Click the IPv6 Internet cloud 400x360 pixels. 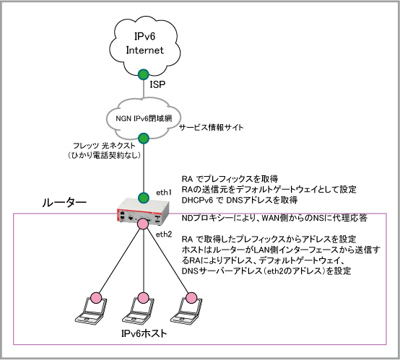pyautogui.click(x=144, y=46)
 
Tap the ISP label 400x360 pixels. pyautogui.click(x=157, y=84)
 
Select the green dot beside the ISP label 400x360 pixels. pyautogui.click(x=144, y=74)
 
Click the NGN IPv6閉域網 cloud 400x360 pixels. pyautogui.click(x=144, y=118)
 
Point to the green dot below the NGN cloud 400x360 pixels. pyautogui.click(x=144, y=139)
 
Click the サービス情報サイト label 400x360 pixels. pyautogui.click(x=212, y=127)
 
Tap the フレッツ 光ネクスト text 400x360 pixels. pyautogui.click(x=104, y=146)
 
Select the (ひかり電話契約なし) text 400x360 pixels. pyautogui.click(x=104, y=155)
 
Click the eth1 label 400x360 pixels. pyautogui.click(x=164, y=193)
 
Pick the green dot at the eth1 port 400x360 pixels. pyautogui.click(x=144, y=198)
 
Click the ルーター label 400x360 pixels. pyautogui.click(x=64, y=203)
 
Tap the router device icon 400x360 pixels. pyautogui.click(x=144, y=211)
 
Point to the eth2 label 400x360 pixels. pyautogui.click(x=164, y=234)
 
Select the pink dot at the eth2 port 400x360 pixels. pyautogui.click(x=143, y=224)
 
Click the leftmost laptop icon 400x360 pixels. pyautogui.click(x=91, y=310)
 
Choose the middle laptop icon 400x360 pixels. pyautogui.click(x=139, y=310)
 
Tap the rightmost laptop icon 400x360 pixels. pyautogui.click(x=186, y=310)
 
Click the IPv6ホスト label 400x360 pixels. pyautogui.click(x=144, y=333)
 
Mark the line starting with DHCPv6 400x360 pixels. pyautogui.click(x=240, y=200)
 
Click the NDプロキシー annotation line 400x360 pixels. pyautogui.click(x=274, y=218)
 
